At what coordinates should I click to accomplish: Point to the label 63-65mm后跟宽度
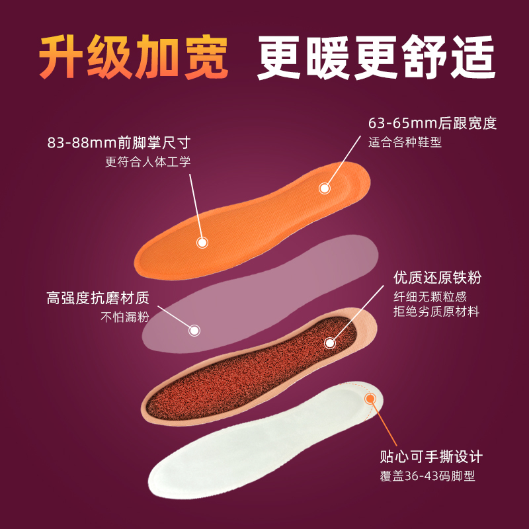click(x=432, y=124)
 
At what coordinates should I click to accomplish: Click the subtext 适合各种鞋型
click(x=405, y=142)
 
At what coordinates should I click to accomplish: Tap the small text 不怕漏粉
click(x=124, y=316)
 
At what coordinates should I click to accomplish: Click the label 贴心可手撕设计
click(x=431, y=457)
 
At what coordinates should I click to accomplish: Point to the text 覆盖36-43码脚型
click(x=427, y=475)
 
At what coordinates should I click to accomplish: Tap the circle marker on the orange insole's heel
click(x=324, y=188)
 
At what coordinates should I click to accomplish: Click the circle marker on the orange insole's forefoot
click(x=202, y=242)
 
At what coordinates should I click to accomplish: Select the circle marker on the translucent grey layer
click(x=194, y=330)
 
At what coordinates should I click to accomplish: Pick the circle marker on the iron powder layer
click(x=329, y=343)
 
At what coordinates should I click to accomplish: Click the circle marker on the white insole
click(x=370, y=399)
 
